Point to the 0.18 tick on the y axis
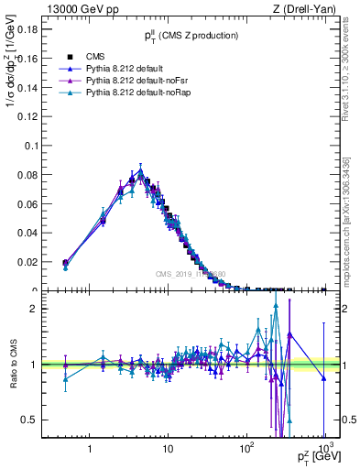[x=28, y=29]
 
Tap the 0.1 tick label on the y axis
[x=31, y=146]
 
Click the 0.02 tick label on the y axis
[x=28, y=262]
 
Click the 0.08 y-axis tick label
[x=28, y=175]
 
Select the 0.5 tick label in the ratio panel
[x=33, y=420]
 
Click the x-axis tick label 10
[x=168, y=451]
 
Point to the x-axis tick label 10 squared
[x=245, y=450]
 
